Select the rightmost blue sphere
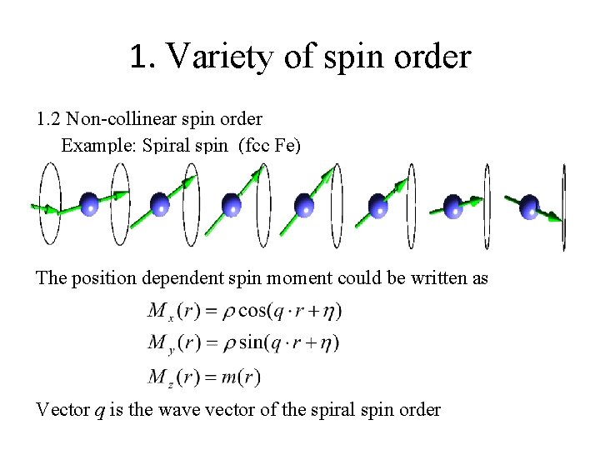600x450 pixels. tap(529, 205)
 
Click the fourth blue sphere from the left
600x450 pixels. tap(305, 205)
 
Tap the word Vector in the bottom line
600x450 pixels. tap(62, 409)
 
